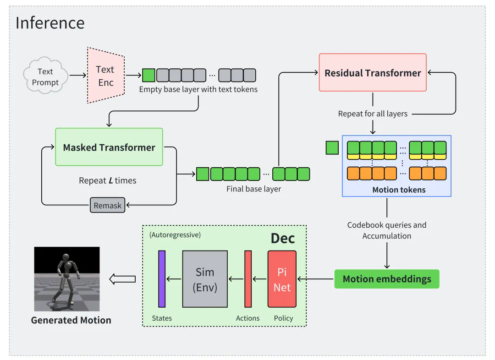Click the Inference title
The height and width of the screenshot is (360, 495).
(x=50, y=23)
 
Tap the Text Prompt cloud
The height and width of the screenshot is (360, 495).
(x=45, y=77)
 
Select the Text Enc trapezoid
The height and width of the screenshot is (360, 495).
(x=105, y=76)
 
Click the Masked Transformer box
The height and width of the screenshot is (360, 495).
(x=109, y=147)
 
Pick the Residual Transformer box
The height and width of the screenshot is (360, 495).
(x=373, y=72)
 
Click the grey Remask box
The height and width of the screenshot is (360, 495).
(x=108, y=206)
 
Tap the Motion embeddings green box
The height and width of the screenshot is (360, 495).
(x=387, y=279)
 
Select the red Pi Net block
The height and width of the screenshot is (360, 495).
(x=282, y=279)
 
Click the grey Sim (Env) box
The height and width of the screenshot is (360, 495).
(x=205, y=279)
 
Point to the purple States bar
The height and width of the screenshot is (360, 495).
(x=162, y=279)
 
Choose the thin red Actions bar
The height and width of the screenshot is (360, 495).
(x=248, y=279)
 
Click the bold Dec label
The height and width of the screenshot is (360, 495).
(x=282, y=239)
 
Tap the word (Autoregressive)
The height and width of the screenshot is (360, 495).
(x=175, y=235)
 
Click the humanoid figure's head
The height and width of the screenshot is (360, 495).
(x=67, y=265)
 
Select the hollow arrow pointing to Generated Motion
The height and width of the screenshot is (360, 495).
(x=122, y=279)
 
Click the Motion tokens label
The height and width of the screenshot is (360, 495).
(x=399, y=190)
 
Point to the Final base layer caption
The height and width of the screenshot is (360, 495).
(x=253, y=189)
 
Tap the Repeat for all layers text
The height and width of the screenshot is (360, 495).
(x=373, y=114)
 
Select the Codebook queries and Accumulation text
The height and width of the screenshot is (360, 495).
(x=387, y=230)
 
